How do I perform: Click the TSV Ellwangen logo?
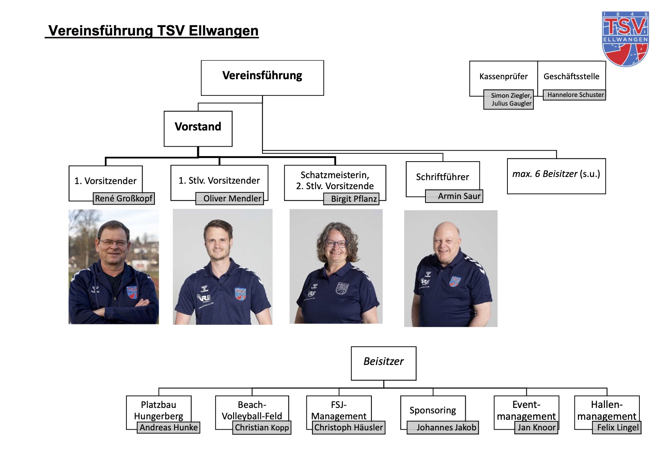(x=626, y=39)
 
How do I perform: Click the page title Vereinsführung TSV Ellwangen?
(x=153, y=31)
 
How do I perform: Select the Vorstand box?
(x=198, y=129)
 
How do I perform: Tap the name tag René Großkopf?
(x=124, y=198)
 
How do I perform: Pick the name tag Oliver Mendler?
(x=230, y=198)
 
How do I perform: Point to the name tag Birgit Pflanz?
(x=351, y=199)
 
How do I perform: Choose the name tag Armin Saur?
(x=454, y=196)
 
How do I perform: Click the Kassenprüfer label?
(x=503, y=76)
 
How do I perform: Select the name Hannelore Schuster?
(x=576, y=95)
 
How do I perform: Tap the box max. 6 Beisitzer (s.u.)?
(x=557, y=176)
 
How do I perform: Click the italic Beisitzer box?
(x=384, y=363)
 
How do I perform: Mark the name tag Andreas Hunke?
(x=169, y=428)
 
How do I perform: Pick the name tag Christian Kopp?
(x=262, y=428)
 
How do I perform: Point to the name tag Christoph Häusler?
(x=349, y=428)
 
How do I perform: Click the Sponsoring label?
(x=433, y=410)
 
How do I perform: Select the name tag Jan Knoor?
(x=536, y=428)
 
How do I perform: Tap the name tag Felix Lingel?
(x=617, y=428)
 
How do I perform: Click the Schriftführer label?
(x=442, y=177)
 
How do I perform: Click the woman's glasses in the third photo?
(x=336, y=244)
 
